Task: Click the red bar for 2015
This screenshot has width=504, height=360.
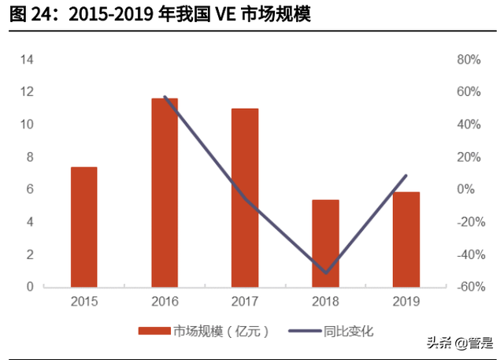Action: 84,227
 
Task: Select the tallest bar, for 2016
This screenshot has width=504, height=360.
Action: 165,192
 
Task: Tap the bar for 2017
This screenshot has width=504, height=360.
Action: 245,198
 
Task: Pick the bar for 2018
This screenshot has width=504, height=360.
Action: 325,243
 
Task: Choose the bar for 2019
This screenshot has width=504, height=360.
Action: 406,239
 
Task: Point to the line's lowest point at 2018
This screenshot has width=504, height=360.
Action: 326,273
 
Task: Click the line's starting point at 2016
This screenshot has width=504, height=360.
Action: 165,97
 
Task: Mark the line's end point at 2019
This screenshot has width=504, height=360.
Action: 406,176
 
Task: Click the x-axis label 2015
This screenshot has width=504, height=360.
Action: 84,302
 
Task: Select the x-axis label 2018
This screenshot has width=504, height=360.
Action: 325,302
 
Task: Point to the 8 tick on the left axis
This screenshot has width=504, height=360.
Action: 30,157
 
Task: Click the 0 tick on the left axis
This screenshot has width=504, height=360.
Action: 30,287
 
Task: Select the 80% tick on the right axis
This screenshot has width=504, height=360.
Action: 469,60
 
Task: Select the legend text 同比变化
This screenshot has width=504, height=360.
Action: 347,332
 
